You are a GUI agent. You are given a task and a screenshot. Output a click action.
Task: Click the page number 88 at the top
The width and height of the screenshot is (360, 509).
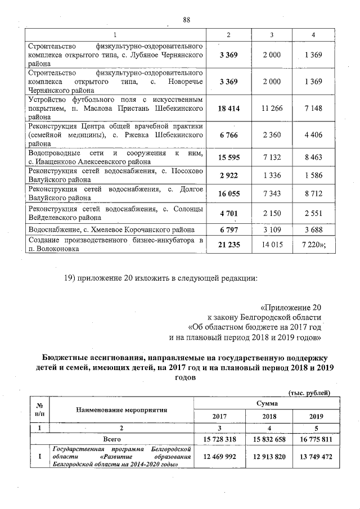pyautogui.click(x=187, y=21)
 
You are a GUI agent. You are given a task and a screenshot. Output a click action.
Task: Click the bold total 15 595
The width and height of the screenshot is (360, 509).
pyautogui.click(x=228, y=157)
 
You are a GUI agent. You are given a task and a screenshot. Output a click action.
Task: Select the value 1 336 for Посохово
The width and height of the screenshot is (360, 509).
pyautogui.click(x=272, y=175)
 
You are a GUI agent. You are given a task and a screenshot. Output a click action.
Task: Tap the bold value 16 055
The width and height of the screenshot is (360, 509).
pyautogui.click(x=228, y=193)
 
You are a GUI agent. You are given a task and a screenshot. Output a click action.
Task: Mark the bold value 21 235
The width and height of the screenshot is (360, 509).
pyautogui.click(x=228, y=244)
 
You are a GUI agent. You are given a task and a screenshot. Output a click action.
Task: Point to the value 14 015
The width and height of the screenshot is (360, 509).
pyautogui.click(x=272, y=244)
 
